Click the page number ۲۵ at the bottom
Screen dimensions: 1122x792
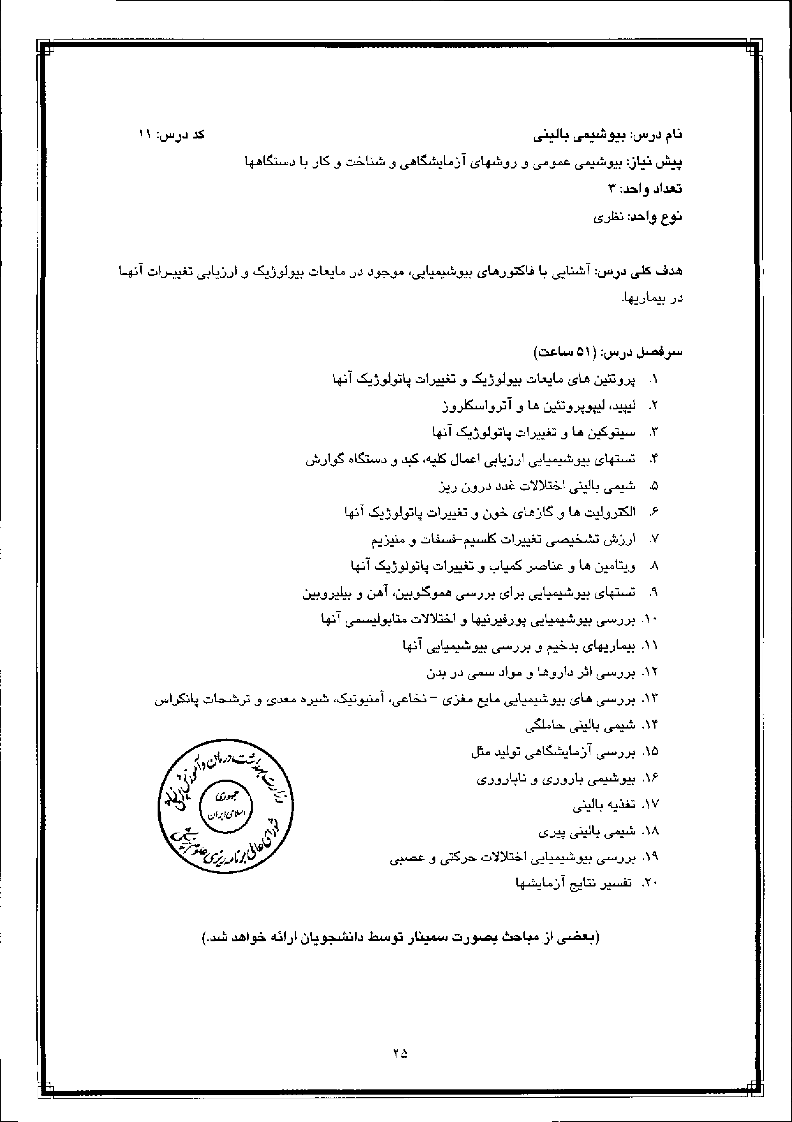click(400, 1054)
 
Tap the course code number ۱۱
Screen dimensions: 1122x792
click(145, 134)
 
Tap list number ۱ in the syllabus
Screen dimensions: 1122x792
click(654, 379)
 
